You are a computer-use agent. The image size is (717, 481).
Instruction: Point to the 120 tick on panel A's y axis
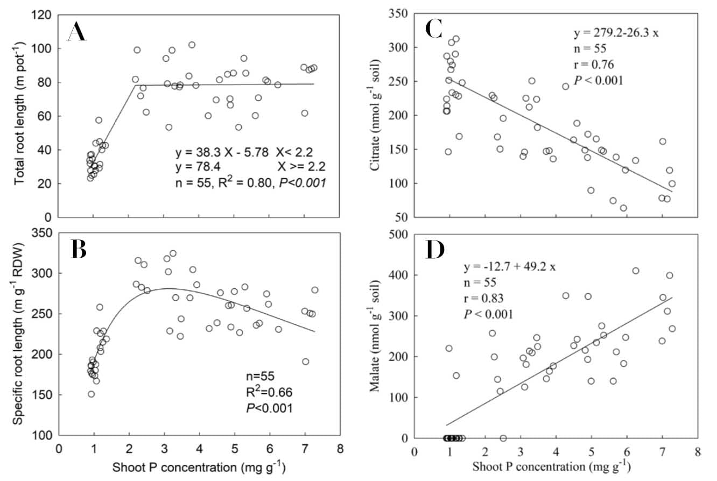point(44,15)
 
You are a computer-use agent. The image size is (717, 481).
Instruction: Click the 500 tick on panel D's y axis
point(400,235)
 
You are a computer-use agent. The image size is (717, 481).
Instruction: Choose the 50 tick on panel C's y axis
point(403,217)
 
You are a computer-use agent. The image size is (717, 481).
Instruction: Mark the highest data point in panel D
point(635,271)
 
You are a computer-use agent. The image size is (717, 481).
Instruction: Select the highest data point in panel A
point(192,45)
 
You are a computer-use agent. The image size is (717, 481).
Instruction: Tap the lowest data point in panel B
point(92,394)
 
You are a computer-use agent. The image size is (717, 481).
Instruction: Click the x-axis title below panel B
point(199,467)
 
